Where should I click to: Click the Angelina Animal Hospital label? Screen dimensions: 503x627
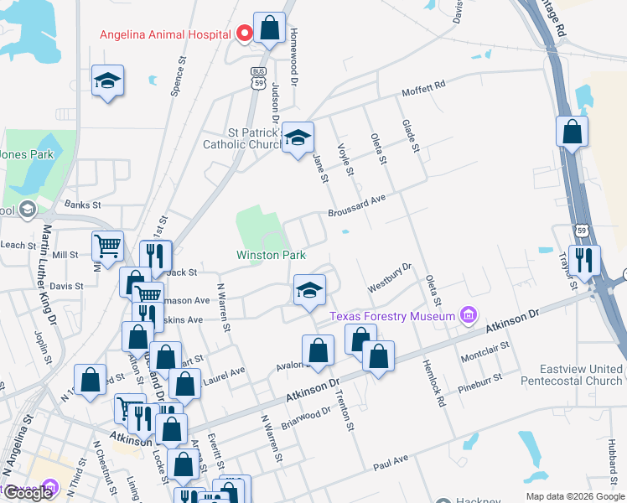(x=165, y=34)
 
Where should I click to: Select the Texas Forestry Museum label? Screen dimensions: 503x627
(x=391, y=316)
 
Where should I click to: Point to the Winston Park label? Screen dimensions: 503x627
(x=271, y=255)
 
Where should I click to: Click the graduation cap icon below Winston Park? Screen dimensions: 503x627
(x=308, y=289)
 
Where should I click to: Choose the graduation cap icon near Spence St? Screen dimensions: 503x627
(x=107, y=80)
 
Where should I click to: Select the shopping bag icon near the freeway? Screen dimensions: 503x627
(x=572, y=132)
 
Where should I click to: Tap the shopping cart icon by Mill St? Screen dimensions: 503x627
(x=107, y=246)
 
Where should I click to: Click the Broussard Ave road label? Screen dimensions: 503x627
(x=356, y=205)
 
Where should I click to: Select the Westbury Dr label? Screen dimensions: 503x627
(x=390, y=278)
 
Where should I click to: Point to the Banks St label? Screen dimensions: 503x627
(x=82, y=205)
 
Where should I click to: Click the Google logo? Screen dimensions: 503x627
(x=28, y=493)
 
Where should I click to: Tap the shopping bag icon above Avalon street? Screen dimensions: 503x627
(x=319, y=350)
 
